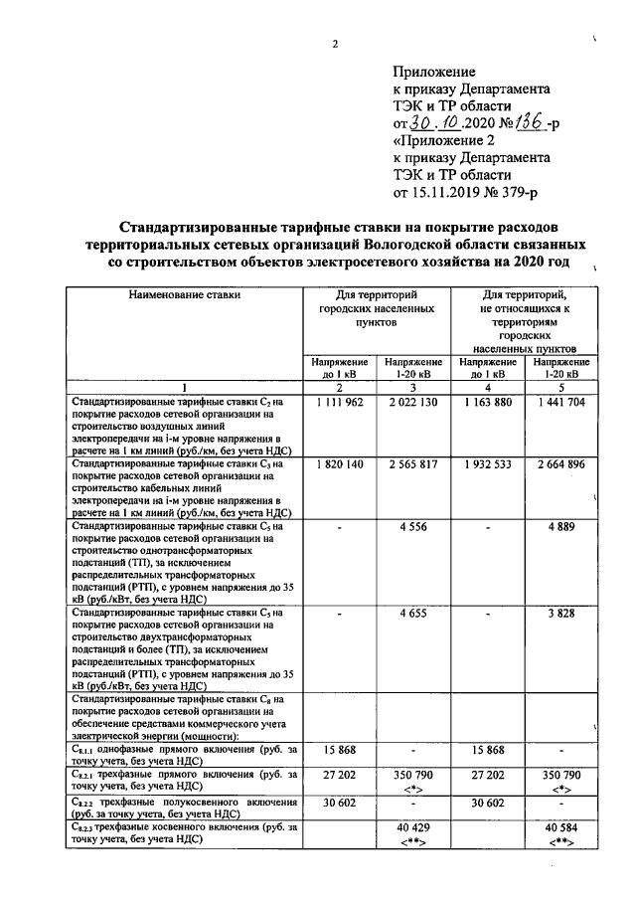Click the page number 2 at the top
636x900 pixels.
click(336, 44)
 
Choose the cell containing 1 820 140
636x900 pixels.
click(340, 463)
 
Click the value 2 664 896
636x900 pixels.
click(560, 463)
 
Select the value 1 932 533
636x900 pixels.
click(487, 463)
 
